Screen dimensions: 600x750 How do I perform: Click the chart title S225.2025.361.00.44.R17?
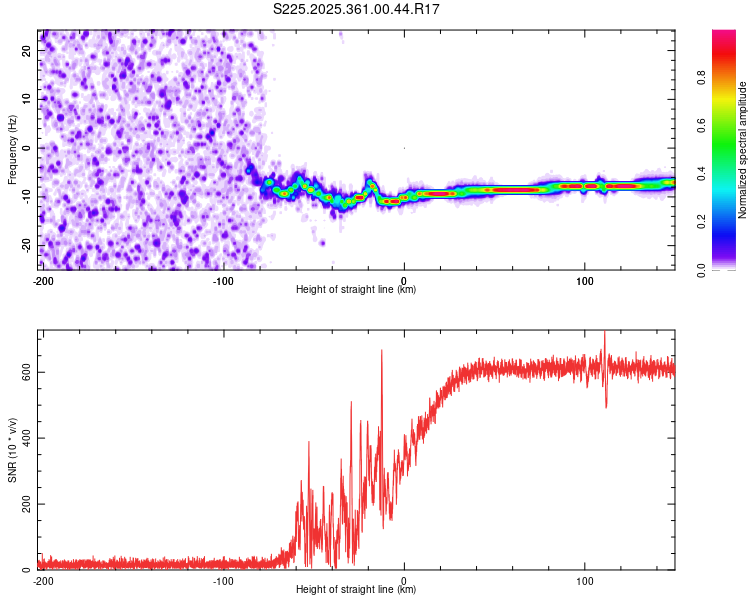pos(357,9)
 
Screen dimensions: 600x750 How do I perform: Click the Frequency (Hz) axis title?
pos(12,149)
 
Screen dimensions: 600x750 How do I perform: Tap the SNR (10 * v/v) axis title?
pos(12,449)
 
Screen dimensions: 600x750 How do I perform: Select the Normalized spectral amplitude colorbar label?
pos(743,150)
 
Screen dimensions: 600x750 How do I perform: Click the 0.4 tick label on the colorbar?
pos(703,173)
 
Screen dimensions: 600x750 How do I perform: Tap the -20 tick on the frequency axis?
pos(26,245)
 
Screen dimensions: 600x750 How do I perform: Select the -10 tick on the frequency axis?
pos(26,196)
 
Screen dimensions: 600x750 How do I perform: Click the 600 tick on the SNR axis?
pos(24,371)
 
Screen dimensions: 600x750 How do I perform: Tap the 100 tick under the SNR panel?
pos(585,581)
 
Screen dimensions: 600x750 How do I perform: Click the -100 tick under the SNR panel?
pos(223,581)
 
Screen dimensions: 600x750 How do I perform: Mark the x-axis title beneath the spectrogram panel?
pos(356,290)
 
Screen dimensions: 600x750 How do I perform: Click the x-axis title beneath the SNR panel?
pos(356,590)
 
